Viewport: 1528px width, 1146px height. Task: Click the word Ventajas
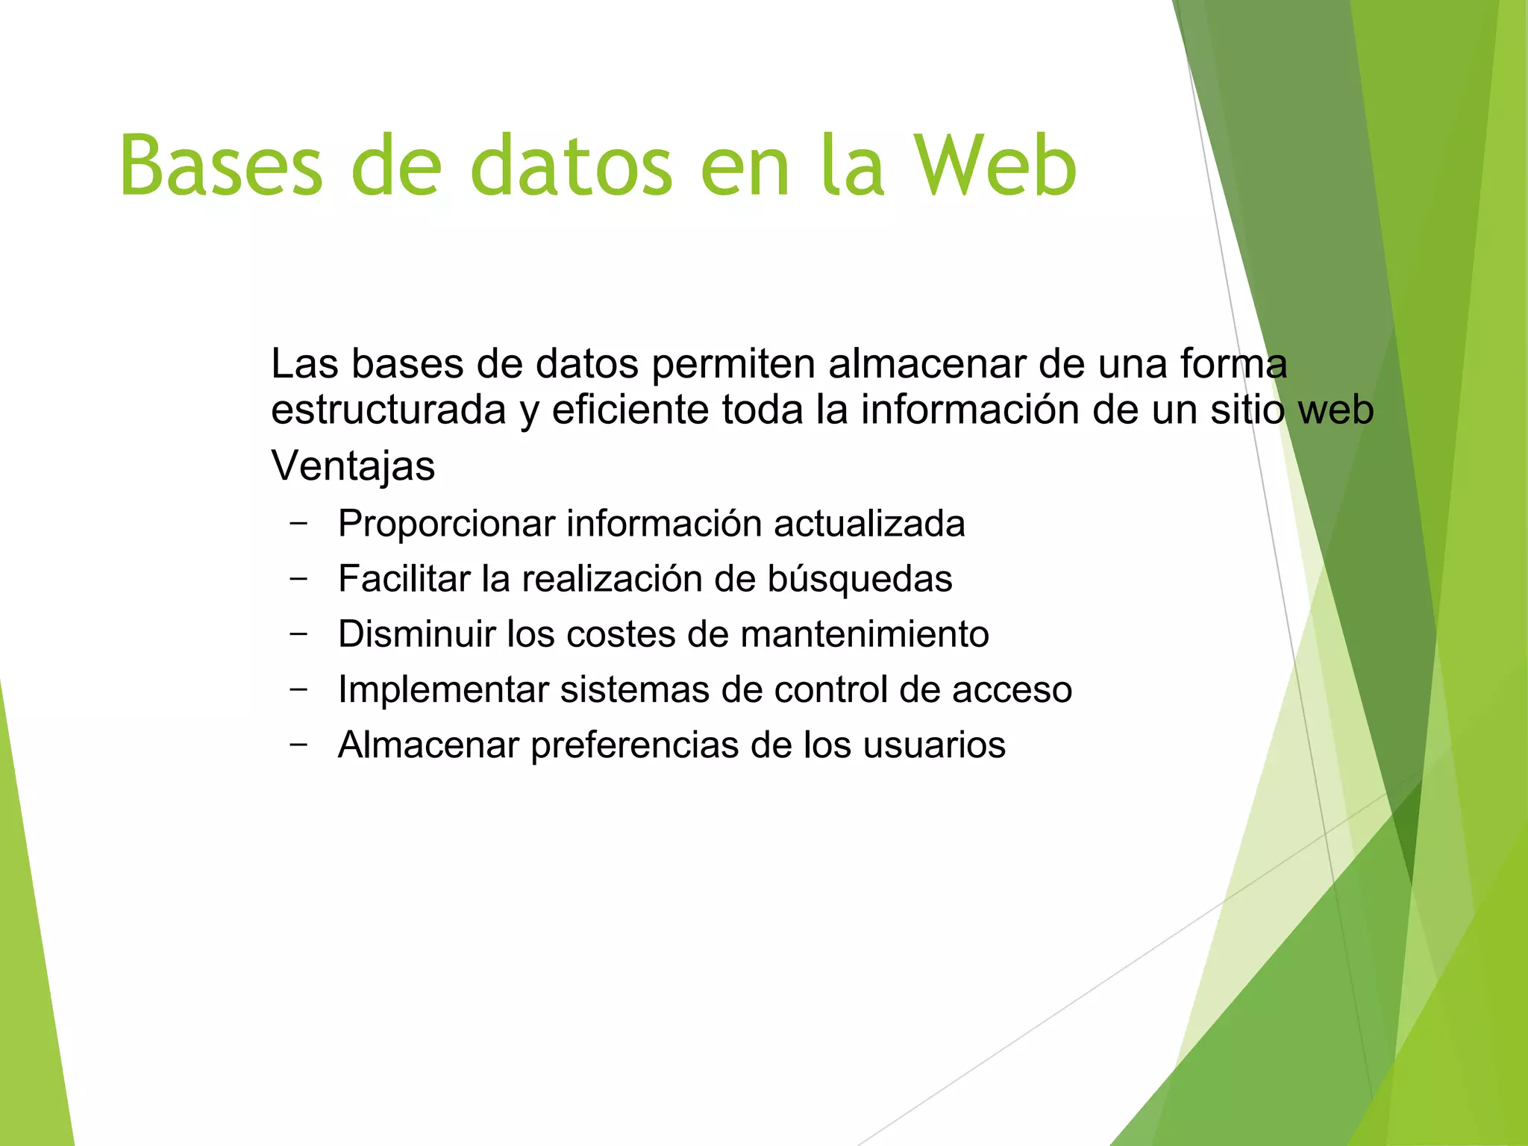tap(353, 466)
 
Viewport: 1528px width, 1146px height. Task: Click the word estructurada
tap(388, 410)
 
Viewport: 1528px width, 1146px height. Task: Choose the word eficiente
tap(630, 410)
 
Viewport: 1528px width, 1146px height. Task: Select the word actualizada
tap(869, 524)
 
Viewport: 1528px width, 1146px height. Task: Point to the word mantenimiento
tap(865, 634)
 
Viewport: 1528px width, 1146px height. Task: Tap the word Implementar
tap(443, 689)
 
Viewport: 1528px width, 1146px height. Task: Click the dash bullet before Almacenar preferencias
tap(298, 744)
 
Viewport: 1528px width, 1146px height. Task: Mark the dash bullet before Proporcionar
tap(298, 523)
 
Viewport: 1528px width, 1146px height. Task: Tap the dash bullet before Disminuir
tap(298, 633)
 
